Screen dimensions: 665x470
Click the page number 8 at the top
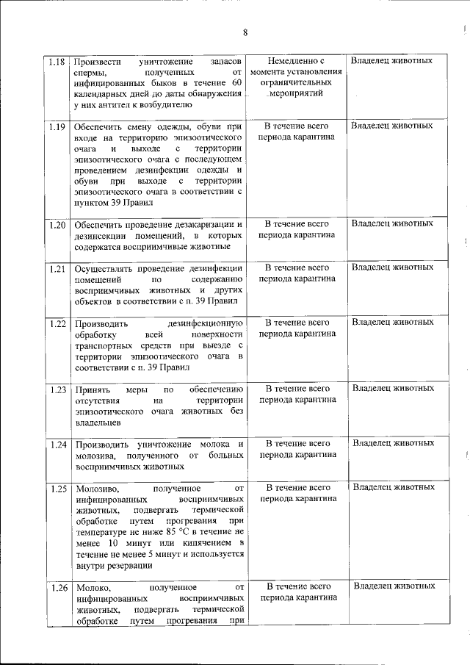[x=245, y=32]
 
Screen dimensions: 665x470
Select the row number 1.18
[x=57, y=61]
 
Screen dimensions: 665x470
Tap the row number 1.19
[x=57, y=126]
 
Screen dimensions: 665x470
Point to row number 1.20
[x=57, y=224]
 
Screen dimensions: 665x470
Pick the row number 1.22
[x=57, y=323]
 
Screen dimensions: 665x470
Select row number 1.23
[x=57, y=389]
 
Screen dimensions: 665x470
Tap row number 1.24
[x=57, y=445]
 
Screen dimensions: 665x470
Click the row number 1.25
[x=57, y=488]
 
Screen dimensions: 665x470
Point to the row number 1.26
[x=57, y=587]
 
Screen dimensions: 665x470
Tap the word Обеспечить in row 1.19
[x=100, y=126]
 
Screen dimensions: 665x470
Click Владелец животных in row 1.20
[x=392, y=223]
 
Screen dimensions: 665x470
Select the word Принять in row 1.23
[x=92, y=389]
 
